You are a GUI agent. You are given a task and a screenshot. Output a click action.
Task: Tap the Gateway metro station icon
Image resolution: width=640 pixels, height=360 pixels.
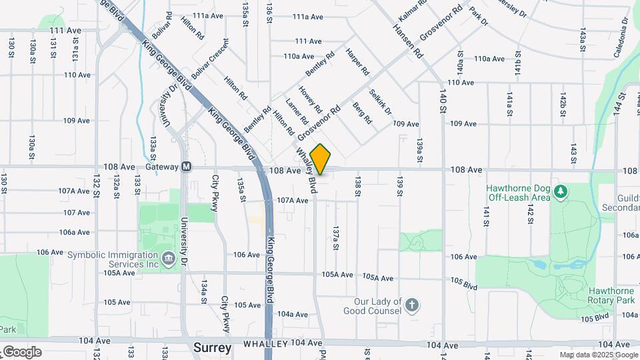pos(187,167)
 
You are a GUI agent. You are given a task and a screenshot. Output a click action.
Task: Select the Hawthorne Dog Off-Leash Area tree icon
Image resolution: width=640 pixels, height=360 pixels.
pos(561,192)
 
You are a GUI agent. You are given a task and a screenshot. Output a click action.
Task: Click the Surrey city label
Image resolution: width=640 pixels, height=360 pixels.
pos(212,348)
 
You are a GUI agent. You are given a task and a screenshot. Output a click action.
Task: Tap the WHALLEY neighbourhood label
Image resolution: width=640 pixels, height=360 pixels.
pos(265,344)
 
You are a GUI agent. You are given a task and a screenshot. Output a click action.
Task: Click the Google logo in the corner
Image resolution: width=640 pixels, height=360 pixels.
pos(22,351)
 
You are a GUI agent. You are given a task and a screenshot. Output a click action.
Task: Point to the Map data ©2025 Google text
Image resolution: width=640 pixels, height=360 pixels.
pos(598,355)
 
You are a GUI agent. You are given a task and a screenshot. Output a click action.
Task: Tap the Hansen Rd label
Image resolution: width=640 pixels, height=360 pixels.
pos(409,39)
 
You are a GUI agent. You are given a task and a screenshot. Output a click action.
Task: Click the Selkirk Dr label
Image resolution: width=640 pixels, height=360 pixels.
pos(380,101)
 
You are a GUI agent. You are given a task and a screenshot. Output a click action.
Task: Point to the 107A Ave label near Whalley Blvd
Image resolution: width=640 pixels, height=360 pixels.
pos(293,200)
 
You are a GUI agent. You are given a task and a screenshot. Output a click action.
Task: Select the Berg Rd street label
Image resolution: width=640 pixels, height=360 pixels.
pos(362,113)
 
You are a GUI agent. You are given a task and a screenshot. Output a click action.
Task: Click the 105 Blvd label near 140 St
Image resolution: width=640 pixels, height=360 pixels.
pos(464,283)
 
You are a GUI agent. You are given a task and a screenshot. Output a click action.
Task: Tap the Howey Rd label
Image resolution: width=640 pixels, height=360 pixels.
pos(311,100)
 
